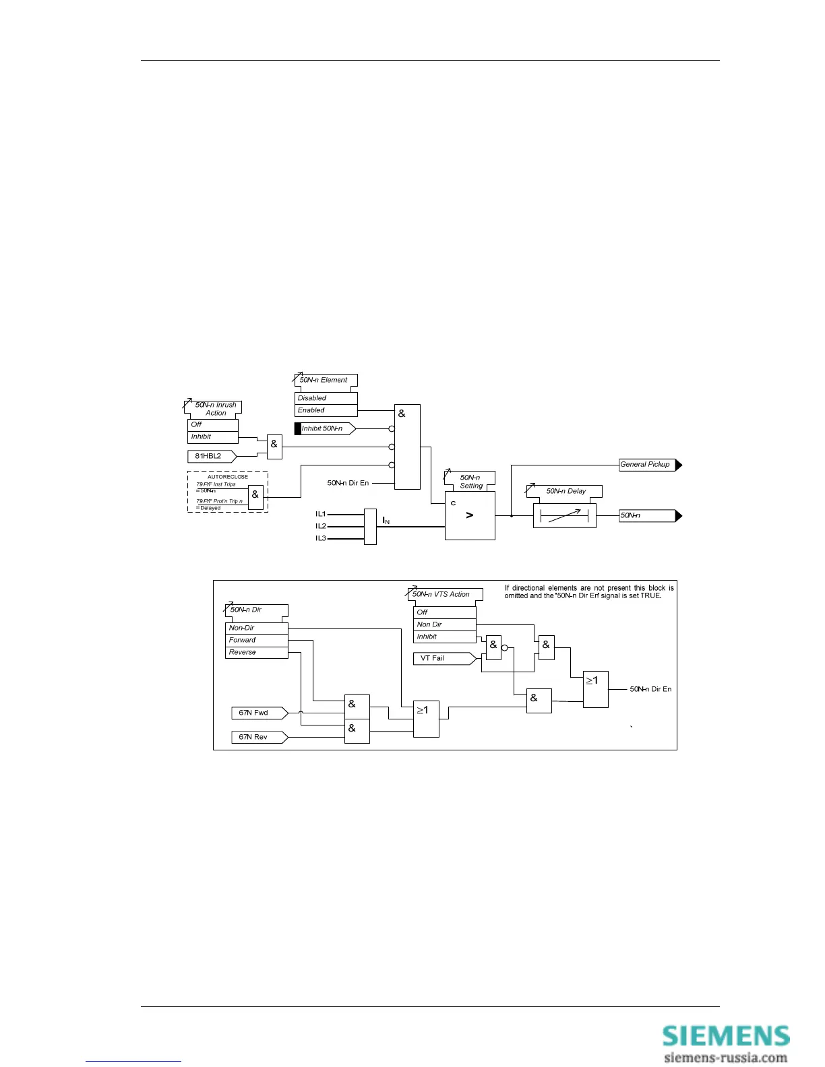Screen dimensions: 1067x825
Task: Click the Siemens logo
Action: point(725,1035)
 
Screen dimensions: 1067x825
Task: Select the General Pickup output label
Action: point(647,465)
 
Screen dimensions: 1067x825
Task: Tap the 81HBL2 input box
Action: point(210,456)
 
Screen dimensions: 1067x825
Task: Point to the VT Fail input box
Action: point(441,658)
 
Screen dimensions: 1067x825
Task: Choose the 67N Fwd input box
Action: point(258,713)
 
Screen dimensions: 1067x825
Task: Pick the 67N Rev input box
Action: point(258,737)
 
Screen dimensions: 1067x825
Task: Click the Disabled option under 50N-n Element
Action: point(326,398)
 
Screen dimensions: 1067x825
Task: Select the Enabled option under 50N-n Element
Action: point(326,410)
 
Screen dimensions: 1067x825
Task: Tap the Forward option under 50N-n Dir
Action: point(257,640)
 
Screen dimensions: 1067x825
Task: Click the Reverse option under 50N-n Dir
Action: point(257,652)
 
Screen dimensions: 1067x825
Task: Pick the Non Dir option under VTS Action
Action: point(444,624)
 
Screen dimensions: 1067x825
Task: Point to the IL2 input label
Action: point(321,526)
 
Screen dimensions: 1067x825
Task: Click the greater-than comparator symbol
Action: point(470,515)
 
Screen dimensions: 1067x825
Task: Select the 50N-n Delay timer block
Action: point(564,516)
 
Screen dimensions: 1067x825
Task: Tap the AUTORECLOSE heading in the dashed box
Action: point(228,477)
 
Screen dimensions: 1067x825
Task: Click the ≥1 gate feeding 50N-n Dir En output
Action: point(596,688)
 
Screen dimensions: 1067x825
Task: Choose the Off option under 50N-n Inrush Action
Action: point(212,424)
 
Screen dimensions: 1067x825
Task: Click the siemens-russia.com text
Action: point(725,1058)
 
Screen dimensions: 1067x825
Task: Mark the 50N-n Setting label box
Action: point(470,482)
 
